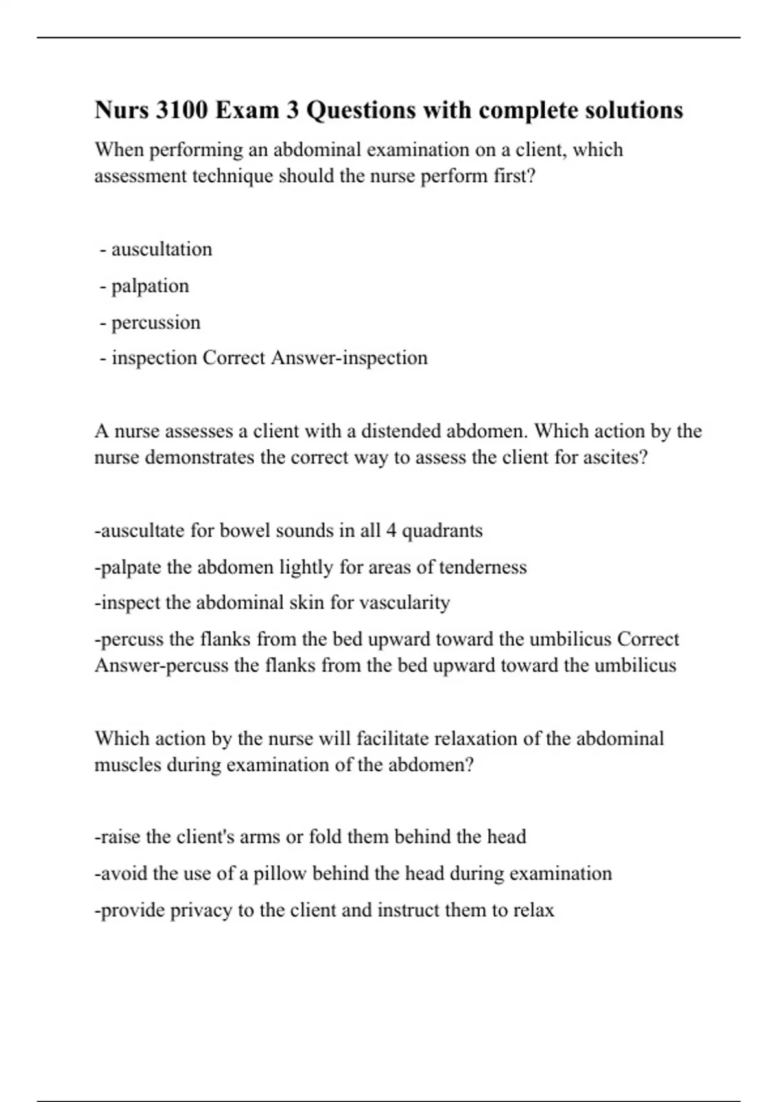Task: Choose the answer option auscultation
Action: (161, 250)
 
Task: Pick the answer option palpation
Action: (150, 286)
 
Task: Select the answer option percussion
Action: (156, 322)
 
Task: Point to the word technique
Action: (231, 176)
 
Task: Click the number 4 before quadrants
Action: (391, 531)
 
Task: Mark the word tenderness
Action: (482, 567)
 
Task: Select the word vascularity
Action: (404, 603)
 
